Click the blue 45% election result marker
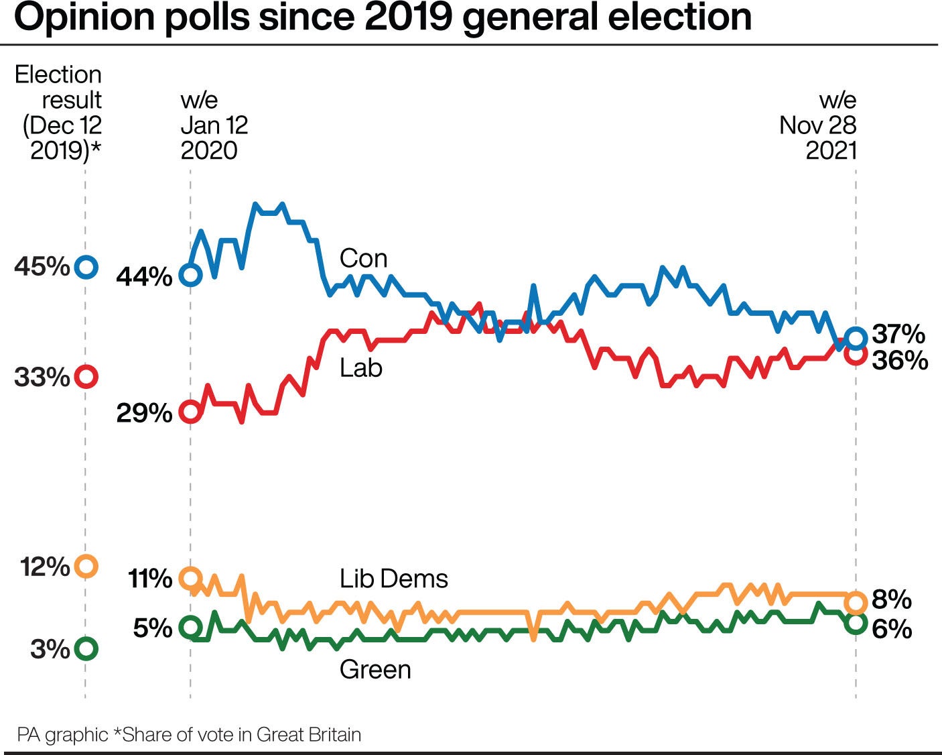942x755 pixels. tap(86, 267)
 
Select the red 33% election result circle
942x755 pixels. tap(86, 376)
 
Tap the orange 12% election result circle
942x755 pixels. tap(86, 566)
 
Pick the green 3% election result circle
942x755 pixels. tap(86, 648)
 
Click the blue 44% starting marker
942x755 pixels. tap(191, 275)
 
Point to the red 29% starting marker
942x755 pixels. tap(191, 412)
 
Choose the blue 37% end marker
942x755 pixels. tap(856, 337)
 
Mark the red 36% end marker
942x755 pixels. tap(856, 355)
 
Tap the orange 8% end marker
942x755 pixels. tap(856, 602)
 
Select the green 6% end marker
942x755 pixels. tap(856, 624)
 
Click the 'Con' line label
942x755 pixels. tap(363, 259)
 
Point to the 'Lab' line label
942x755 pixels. tap(360, 368)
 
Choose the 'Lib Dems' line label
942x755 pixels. tap(393, 579)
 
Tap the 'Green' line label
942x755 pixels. tap(375, 669)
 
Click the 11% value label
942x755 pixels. tap(149, 578)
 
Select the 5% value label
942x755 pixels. tap(153, 628)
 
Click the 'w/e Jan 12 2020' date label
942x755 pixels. tap(214, 125)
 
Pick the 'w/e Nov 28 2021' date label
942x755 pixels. tap(818, 125)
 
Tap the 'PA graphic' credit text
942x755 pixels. tap(62, 735)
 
